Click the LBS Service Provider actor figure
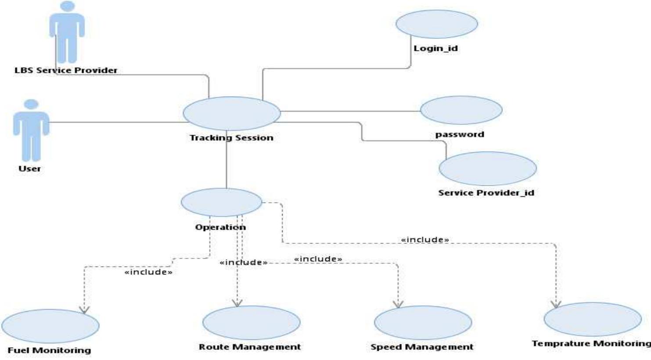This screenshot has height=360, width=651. coord(67,33)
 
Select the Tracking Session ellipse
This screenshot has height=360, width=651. coord(231,113)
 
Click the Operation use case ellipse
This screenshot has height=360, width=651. coord(221,202)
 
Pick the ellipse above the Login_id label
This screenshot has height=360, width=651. coord(436,24)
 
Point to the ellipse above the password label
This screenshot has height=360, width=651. coord(461,110)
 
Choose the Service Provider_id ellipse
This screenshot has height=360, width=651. coord(487,169)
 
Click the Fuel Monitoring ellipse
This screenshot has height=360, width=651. coord(50,326)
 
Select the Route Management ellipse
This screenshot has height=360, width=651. coord(251,322)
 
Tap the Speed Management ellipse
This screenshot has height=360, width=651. coord(423,322)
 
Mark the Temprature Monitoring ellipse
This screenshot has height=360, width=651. coord(592,319)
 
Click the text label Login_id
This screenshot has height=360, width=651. coord(435,48)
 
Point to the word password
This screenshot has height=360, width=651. coord(460,134)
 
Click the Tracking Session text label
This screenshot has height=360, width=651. coord(231,138)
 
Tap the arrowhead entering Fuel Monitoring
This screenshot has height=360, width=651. coord(84,310)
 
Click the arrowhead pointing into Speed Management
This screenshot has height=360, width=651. coord(398,304)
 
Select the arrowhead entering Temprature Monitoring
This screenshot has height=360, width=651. coord(556,304)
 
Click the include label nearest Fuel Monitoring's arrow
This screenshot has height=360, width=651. coord(148,272)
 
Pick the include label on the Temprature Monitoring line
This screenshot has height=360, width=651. coord(425,240)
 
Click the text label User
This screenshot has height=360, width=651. coord(29,169)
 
